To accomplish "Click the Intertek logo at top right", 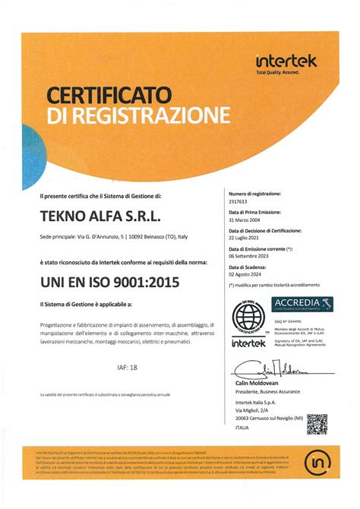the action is click(x=286, y=62).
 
